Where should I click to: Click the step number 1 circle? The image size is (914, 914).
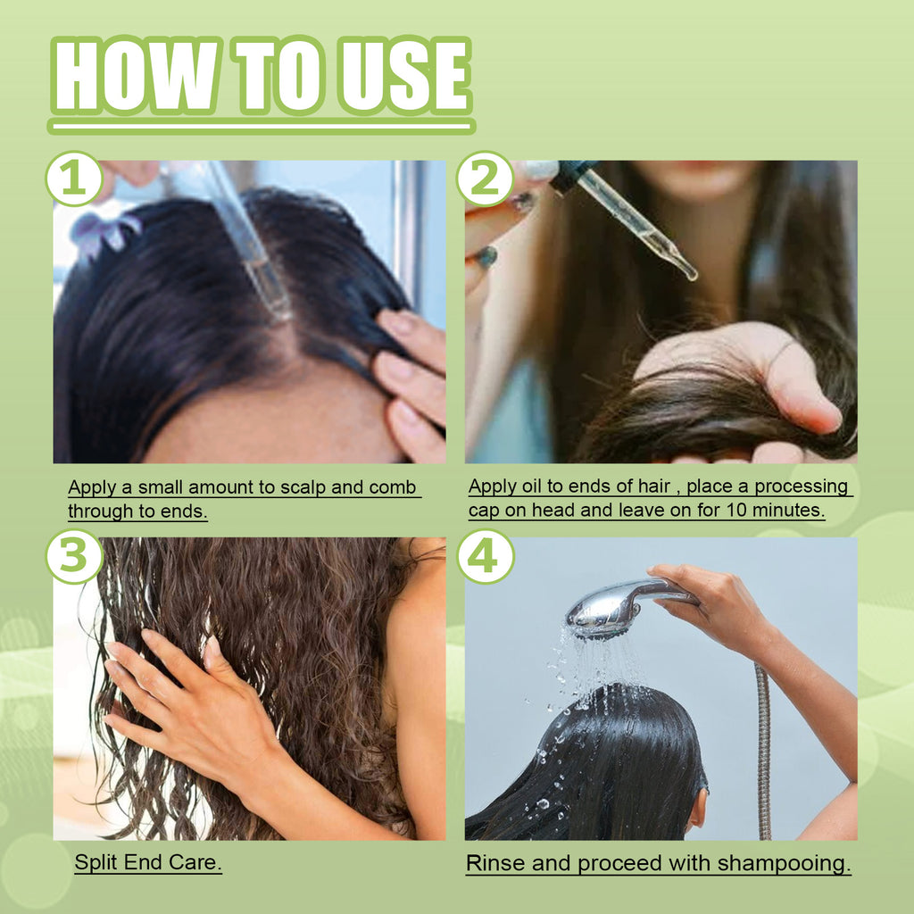[74, 179]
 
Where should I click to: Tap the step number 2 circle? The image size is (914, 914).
[485, 179]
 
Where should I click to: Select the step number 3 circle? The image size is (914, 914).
[74, 556]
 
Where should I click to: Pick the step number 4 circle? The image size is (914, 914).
[485, 556]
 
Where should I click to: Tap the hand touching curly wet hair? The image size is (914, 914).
[179, 705]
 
